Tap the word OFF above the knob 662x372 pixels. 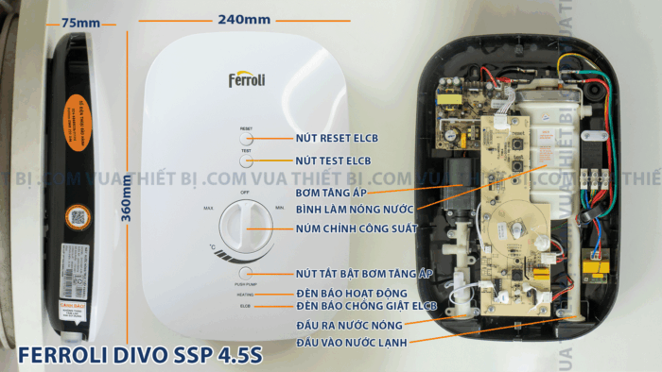[x=245, y=192]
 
